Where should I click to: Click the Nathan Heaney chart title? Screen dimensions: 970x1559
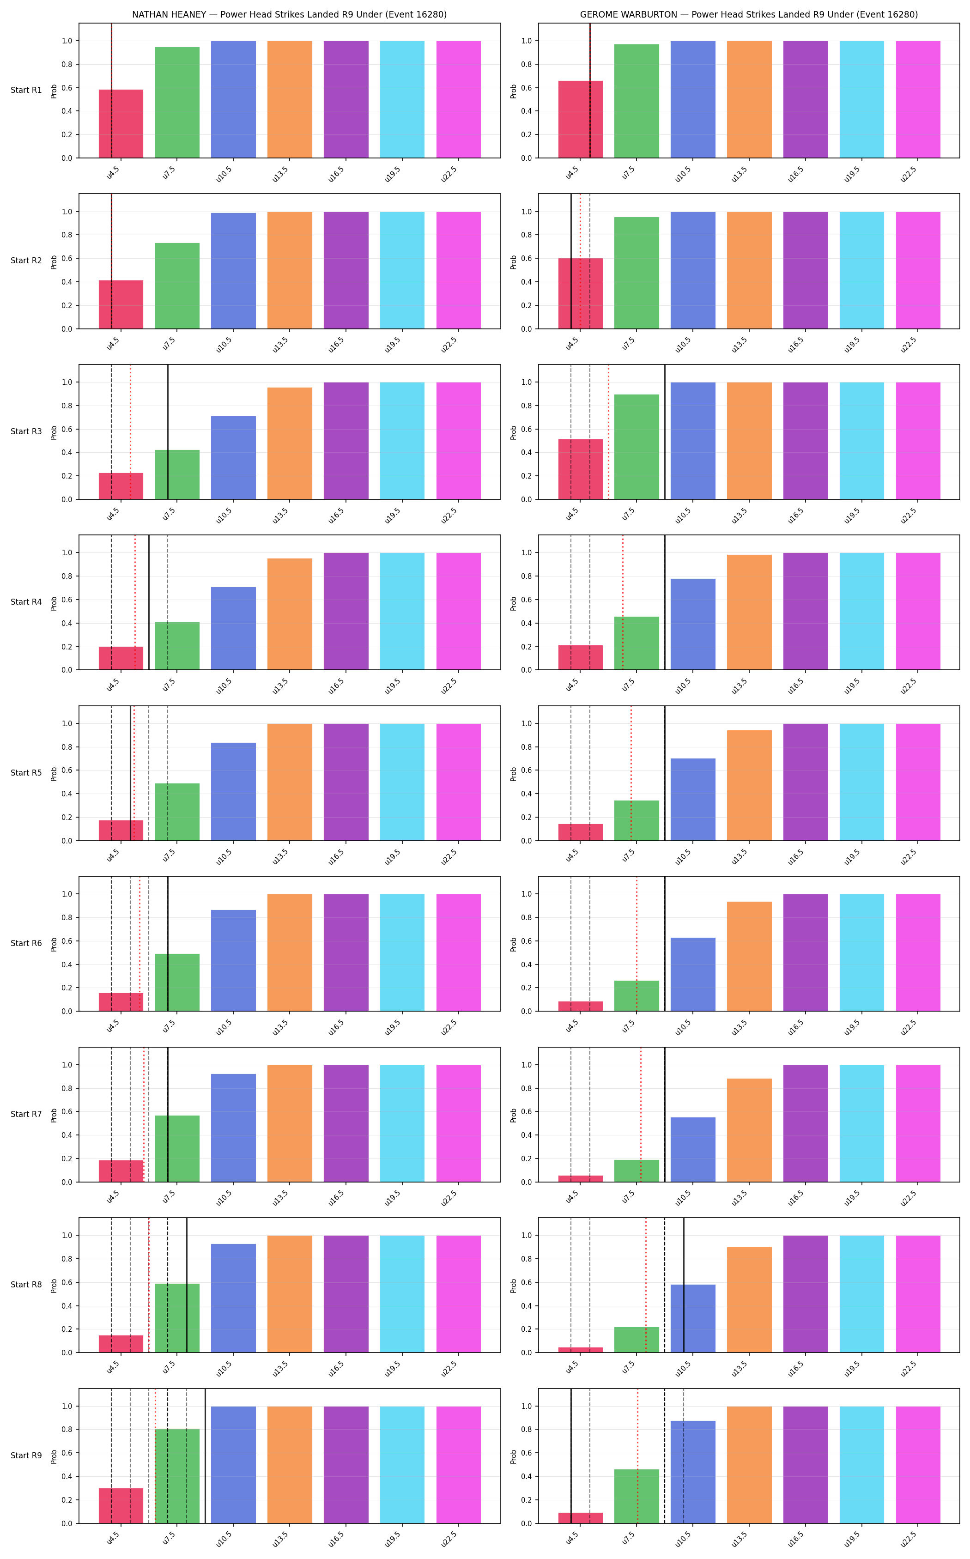tap(289, 14)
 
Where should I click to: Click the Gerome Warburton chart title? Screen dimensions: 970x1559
tap(749, 14)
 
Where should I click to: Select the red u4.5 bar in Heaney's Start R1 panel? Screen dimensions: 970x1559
tap(121, 124)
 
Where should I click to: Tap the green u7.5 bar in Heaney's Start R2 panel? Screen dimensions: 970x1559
tap(177, 285)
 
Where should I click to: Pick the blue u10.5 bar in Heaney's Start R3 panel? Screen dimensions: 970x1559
tap(234, 457)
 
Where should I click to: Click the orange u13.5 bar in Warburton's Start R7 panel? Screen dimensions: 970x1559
tap(749, 1130)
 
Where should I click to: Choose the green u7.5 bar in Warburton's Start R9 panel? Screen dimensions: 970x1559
tap(637, 1496)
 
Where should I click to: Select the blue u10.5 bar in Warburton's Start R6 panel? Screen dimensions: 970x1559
tap(693, 975)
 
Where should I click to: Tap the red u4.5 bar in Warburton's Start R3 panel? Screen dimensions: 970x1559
tap(581, 469)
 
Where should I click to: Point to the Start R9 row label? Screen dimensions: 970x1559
tap(26, 1455)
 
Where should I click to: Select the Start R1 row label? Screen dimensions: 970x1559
tap(26, 90)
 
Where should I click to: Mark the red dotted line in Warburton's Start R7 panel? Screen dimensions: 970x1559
tap(640, 1114)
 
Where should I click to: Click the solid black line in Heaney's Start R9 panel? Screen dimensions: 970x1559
tap(205, 1456)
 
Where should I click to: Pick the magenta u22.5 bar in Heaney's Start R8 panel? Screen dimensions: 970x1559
tap(459, 1294)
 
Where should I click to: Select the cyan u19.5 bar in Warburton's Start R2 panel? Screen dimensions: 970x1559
tap(861, 270)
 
